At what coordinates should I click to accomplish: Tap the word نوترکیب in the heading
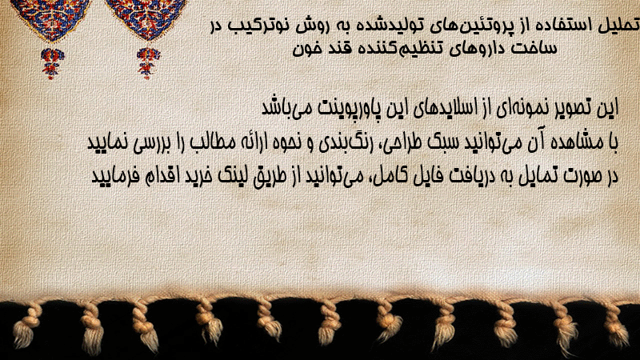click(x=258, y=26)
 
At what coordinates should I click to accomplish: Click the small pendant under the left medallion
click(x=52, y=63)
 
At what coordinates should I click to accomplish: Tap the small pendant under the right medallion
click(x=148, y=63)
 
